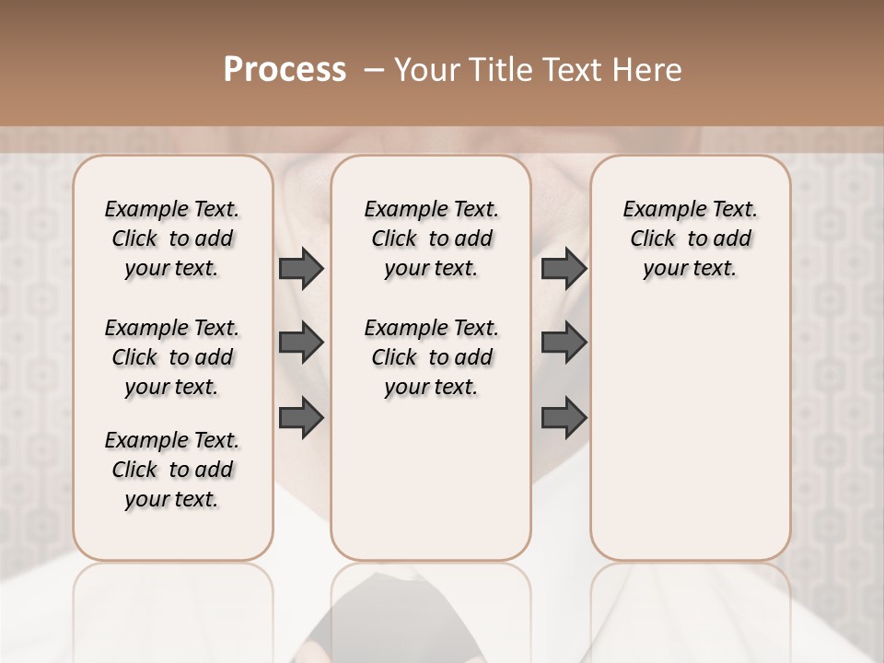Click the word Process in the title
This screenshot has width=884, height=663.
click(x=285, y=70)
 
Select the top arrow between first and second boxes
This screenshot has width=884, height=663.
click(x=301, y=269)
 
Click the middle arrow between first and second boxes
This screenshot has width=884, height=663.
click(x=301, y=343)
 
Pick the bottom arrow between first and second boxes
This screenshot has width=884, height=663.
click(x=301, y=417)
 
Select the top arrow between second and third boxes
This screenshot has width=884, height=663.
click(x=564, y=269)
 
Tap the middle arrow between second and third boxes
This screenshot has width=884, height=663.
click(x=564, y=343)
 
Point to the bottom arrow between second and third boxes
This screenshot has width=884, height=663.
click(x=564, y=417)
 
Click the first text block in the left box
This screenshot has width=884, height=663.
click(x=172, y=238)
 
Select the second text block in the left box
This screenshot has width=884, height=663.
click(x=172, y=357)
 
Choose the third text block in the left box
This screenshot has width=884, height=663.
click(x=172, y=470)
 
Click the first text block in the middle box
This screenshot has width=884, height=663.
click(x=432, y=238)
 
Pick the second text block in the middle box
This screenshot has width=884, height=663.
click(x=432, y=357)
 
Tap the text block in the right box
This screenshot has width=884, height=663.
click(x=691, y=238)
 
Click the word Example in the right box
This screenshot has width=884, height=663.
click(x=657, y=209)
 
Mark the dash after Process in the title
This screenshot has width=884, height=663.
click(x=374, y=70)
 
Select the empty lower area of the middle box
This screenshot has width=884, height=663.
click(x=432, y=479)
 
